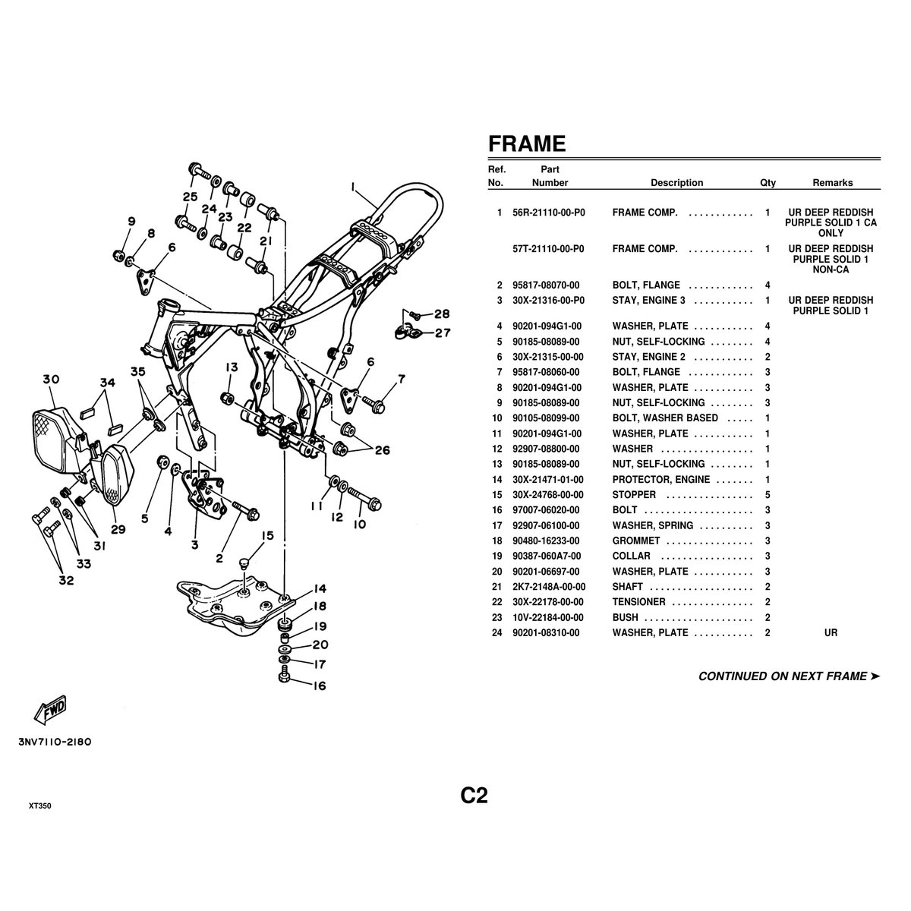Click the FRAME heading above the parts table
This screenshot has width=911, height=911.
tap(527, 143)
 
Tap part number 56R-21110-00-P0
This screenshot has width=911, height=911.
tap(548, 213)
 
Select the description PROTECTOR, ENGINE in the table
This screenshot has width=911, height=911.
tap(661, 479)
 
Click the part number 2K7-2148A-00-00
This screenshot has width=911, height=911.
tap(549, 587)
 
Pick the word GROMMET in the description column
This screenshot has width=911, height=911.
tap(636, 541)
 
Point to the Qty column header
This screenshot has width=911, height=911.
tap(768, 183)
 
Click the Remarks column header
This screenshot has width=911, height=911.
tap(833, 183)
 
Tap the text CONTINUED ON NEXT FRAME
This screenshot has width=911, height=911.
tap(783, 676)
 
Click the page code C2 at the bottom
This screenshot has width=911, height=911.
tap(474, 796)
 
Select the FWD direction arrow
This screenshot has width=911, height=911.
tap(50, 710)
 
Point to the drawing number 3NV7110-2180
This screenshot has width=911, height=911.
tap(55, 742)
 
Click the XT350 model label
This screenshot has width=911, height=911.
tap(39, 806)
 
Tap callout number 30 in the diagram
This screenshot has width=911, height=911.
tap(51, 379)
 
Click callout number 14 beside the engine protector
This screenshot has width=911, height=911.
tap(320, 588)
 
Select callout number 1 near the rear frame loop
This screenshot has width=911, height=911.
tap(353, 188)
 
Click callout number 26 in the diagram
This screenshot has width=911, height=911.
tap(383, 450)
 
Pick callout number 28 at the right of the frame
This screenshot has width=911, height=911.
tap(442, 314)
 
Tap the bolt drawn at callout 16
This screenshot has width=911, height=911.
tap(284, 674)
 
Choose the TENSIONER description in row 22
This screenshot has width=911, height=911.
tap(638, 602)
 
